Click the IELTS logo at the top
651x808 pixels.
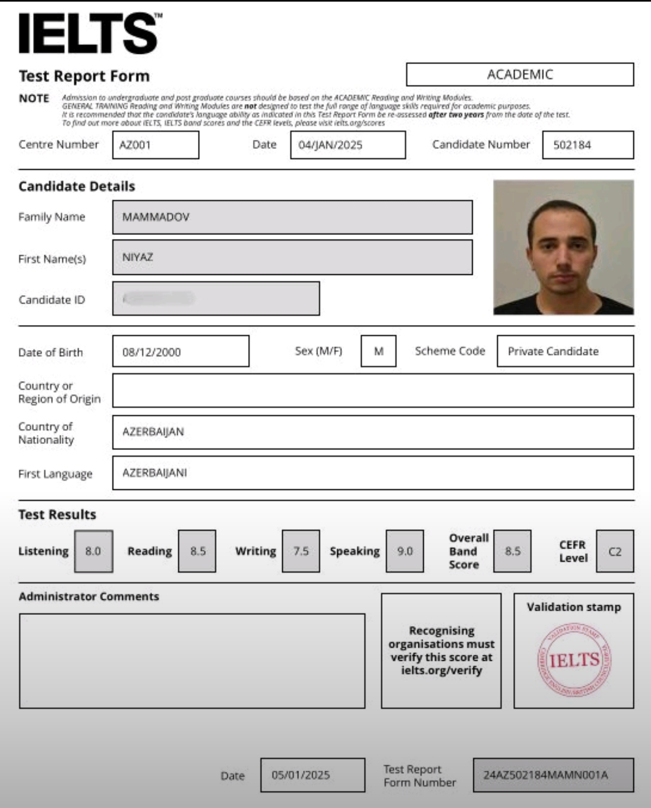(90, 33)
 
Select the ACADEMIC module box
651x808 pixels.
(520, 75)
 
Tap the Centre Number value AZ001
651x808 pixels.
(136, 145)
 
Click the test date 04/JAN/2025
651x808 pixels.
(330, 145)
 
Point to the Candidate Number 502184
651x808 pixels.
(572, 145)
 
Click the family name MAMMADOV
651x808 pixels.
(156, 217)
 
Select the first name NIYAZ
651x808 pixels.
(138, 257)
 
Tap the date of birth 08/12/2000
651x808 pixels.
(152, 352)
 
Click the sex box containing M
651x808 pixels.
(378, 351)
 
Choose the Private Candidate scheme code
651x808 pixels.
(553, 351)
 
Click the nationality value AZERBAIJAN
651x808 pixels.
(153, 432)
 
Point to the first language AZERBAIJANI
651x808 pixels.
(155, 473)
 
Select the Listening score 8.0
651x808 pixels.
(93, 551)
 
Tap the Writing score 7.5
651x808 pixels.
(301, 551)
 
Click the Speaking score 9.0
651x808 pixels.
(405, 551)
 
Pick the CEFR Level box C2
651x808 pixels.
(615, 552)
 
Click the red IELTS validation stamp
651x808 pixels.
(574, 660)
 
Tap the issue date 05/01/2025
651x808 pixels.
(301, 775)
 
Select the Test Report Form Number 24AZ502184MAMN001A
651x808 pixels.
(546, 775)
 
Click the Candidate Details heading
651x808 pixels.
(77, 186)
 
